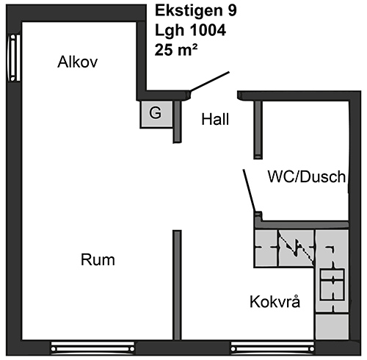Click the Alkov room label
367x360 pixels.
pyautogui.click(x=78, y=62)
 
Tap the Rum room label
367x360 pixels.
pyautogui.click(x=98, y=260)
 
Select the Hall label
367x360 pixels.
pyautogui.click(x=215, y=119)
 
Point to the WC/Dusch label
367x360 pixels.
pyautogui.click(x=307, y=176)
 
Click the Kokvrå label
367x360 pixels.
pyautogui.click(x=275, y=301)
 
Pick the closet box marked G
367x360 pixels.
pyautogui.click(x=156, y=114)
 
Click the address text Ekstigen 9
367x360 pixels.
pyautogui.click(x=196, y=11)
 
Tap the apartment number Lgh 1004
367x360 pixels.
pyautogui.click(x=190, y=31)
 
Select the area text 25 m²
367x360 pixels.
pyautogui.click(x=176, y=50)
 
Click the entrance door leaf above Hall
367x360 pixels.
pyautogui.click(x=210, y=82)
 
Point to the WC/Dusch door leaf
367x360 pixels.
pyautogui.click(x=250, y=190)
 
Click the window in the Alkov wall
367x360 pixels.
pyautogui.click(x=14, y=58)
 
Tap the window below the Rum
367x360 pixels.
pyautogui.click(x=92, y=348)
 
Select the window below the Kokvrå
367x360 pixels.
pyautogui.click(x=272, y=348)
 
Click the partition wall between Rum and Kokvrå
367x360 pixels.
pyautogui.click(x=177, y=285)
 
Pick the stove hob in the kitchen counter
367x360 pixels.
pyautogui.click(x=333, y=284)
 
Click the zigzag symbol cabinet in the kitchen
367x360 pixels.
pyautogui.click(x=297, y=248)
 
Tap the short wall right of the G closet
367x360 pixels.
pyautogui.click(x=177, y=122)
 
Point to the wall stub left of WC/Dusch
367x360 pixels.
pyautogui.click(x=258, y=130)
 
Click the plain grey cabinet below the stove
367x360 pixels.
pyautogui.click(x=332, y=326)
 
